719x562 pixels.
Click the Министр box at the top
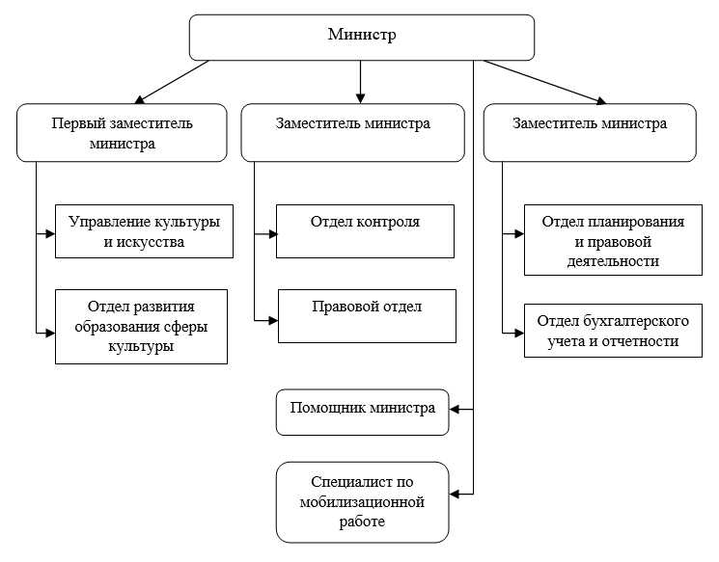tap(362, 37)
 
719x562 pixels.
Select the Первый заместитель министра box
tap(122, 132)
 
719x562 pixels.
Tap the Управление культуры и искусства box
tap(144, 231)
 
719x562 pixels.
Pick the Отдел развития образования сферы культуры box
tap(141, 327)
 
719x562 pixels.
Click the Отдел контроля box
tap(365, 231)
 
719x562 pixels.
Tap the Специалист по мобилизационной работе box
tap(362, 501)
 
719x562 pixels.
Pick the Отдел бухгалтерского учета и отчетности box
tap(612, 331)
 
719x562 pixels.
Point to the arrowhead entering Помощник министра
tap(455, 410)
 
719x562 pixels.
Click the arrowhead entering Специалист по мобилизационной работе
tap(455, 494)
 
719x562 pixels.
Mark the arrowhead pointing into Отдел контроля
tap(271, 232)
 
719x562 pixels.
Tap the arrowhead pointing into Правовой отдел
tap(273, 319)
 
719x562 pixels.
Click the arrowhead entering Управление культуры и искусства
tap(50, 232)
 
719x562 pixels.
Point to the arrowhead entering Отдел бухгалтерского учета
tap(519, 332)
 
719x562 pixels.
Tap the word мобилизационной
tap(362, 501)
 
